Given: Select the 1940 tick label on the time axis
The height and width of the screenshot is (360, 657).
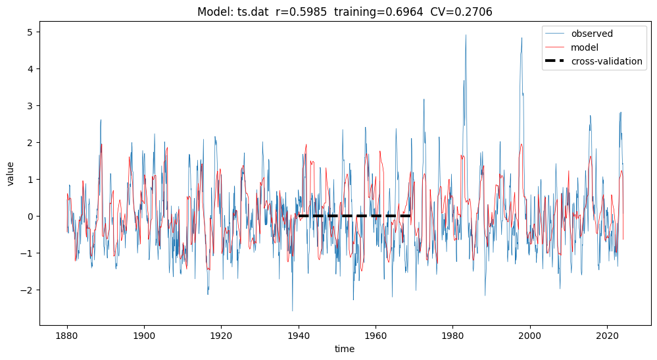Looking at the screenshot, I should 299,334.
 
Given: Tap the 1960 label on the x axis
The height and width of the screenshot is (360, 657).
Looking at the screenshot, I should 376,334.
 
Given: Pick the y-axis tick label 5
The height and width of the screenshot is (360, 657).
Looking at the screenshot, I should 29,32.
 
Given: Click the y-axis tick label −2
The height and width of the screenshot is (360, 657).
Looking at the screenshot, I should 26,290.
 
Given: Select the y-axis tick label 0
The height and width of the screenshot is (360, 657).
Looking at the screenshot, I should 29,217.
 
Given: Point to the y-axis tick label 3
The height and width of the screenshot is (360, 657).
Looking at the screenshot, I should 29,106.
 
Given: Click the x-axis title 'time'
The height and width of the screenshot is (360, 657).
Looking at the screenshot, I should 345,349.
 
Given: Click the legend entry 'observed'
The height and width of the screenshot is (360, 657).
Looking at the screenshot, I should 591,34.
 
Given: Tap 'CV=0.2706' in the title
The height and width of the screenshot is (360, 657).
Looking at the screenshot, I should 466,12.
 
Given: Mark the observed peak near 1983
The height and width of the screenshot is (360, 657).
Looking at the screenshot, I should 466,36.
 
